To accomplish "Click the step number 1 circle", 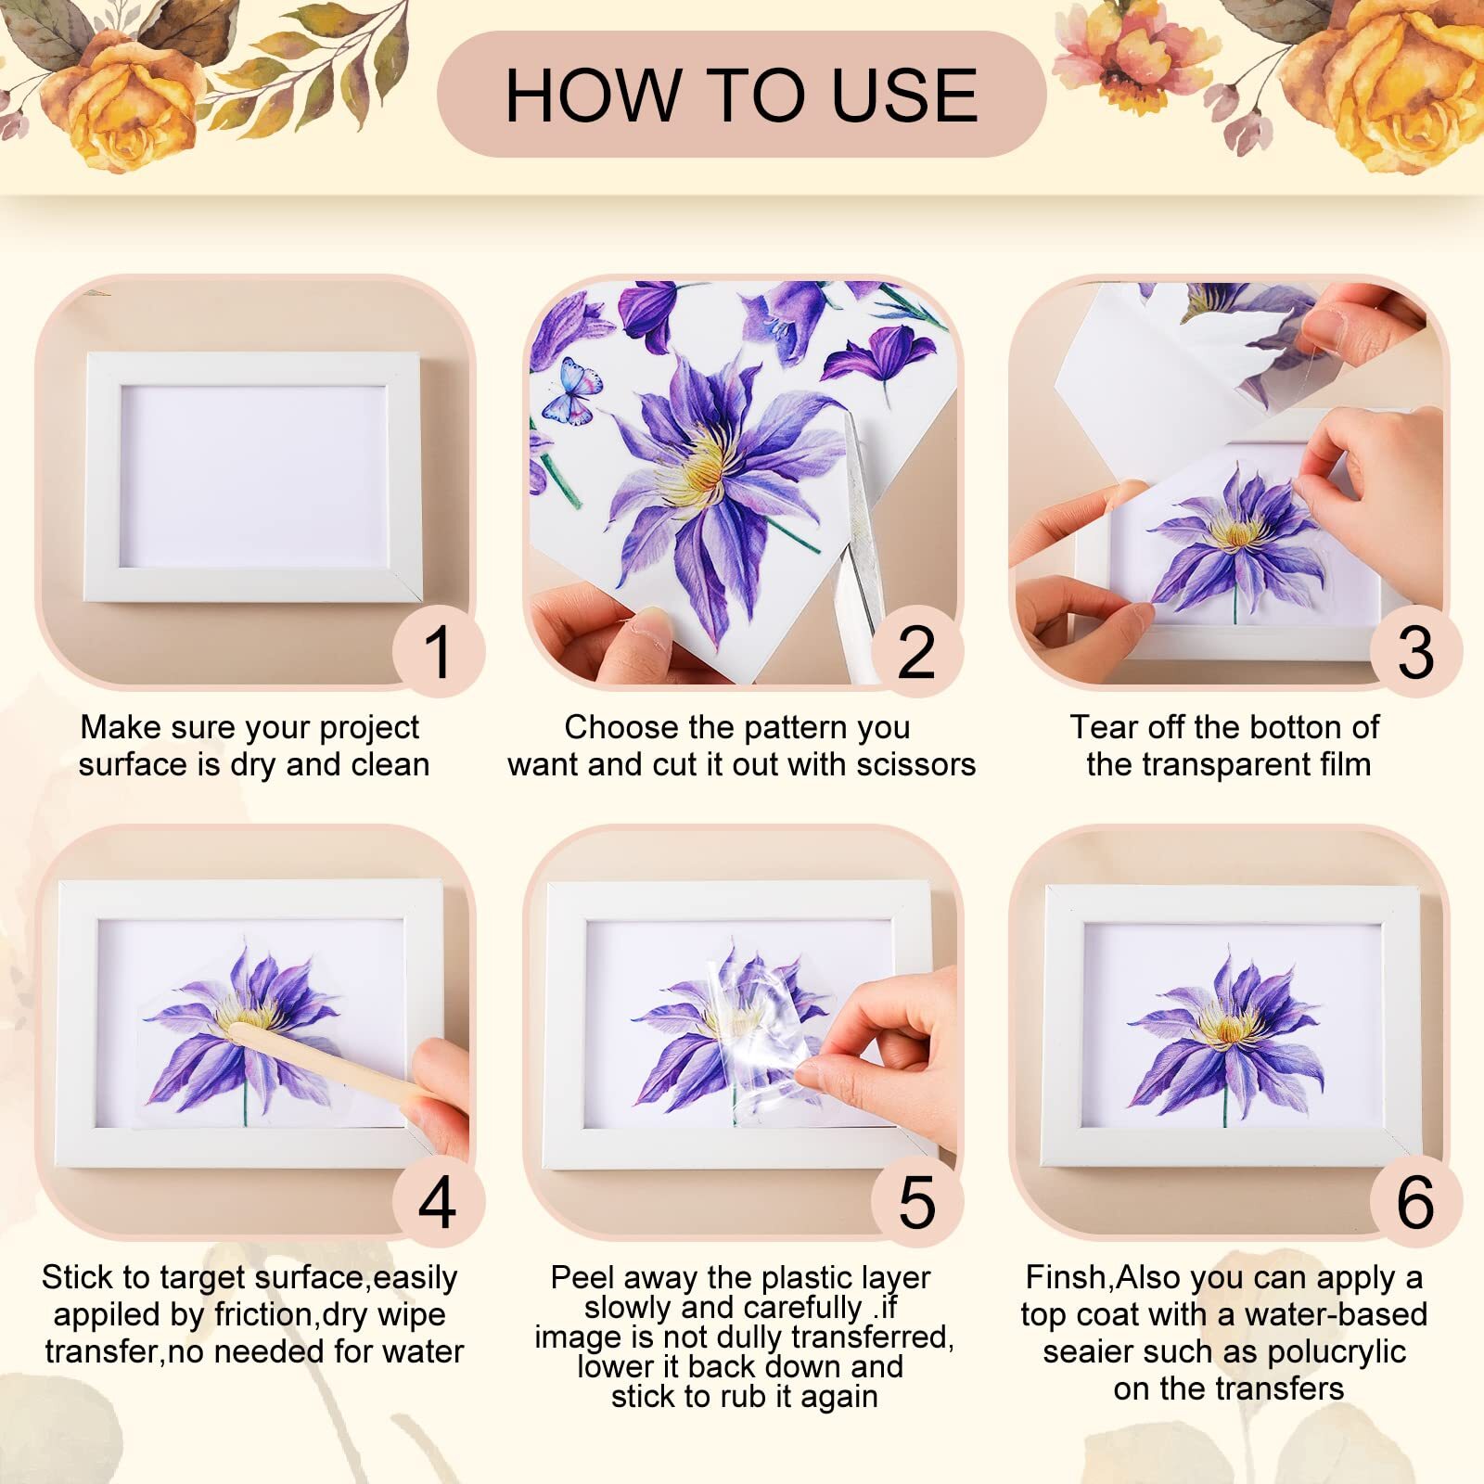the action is pos(438,651).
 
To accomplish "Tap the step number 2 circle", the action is pos(916,651).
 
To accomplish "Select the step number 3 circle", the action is pos(1415,651).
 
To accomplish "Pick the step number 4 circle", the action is pos(438,1201).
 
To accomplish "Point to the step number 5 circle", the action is pos(916,1201).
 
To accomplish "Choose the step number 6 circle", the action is pos(1415,1201).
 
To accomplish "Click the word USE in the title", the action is pos(903,96).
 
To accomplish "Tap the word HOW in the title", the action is pos(591,96).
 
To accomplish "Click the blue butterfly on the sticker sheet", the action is pos(571,390).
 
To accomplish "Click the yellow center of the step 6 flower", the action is pos(1228,1028).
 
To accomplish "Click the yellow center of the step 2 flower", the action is pos(700,464).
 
